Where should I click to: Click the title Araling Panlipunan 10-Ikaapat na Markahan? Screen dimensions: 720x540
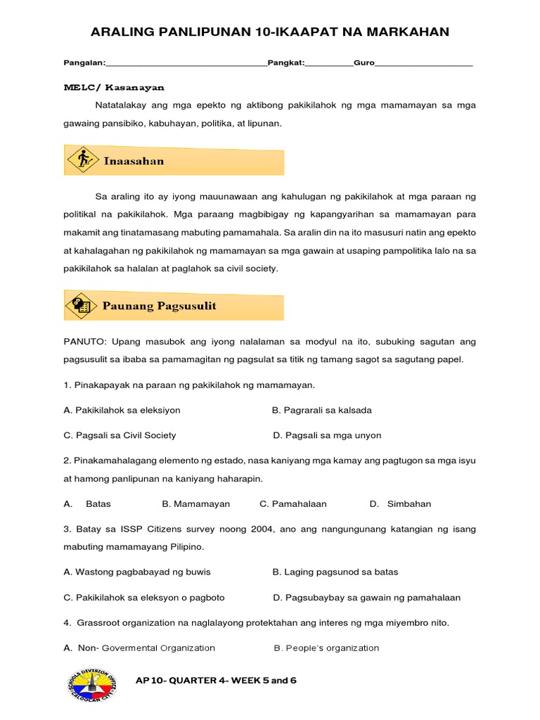(x=270, y=32)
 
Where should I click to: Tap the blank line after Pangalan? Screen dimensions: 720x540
(x=186, y=64)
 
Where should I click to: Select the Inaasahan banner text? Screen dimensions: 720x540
(x=134, y=161)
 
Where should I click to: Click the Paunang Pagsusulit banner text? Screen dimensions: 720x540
(x=160, y=306)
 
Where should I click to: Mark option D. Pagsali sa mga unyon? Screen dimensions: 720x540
(x=327, y=435)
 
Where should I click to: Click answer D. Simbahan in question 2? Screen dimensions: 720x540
(x=400, y=504)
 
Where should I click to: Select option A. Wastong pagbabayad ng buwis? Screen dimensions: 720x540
(x=137, y=572)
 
